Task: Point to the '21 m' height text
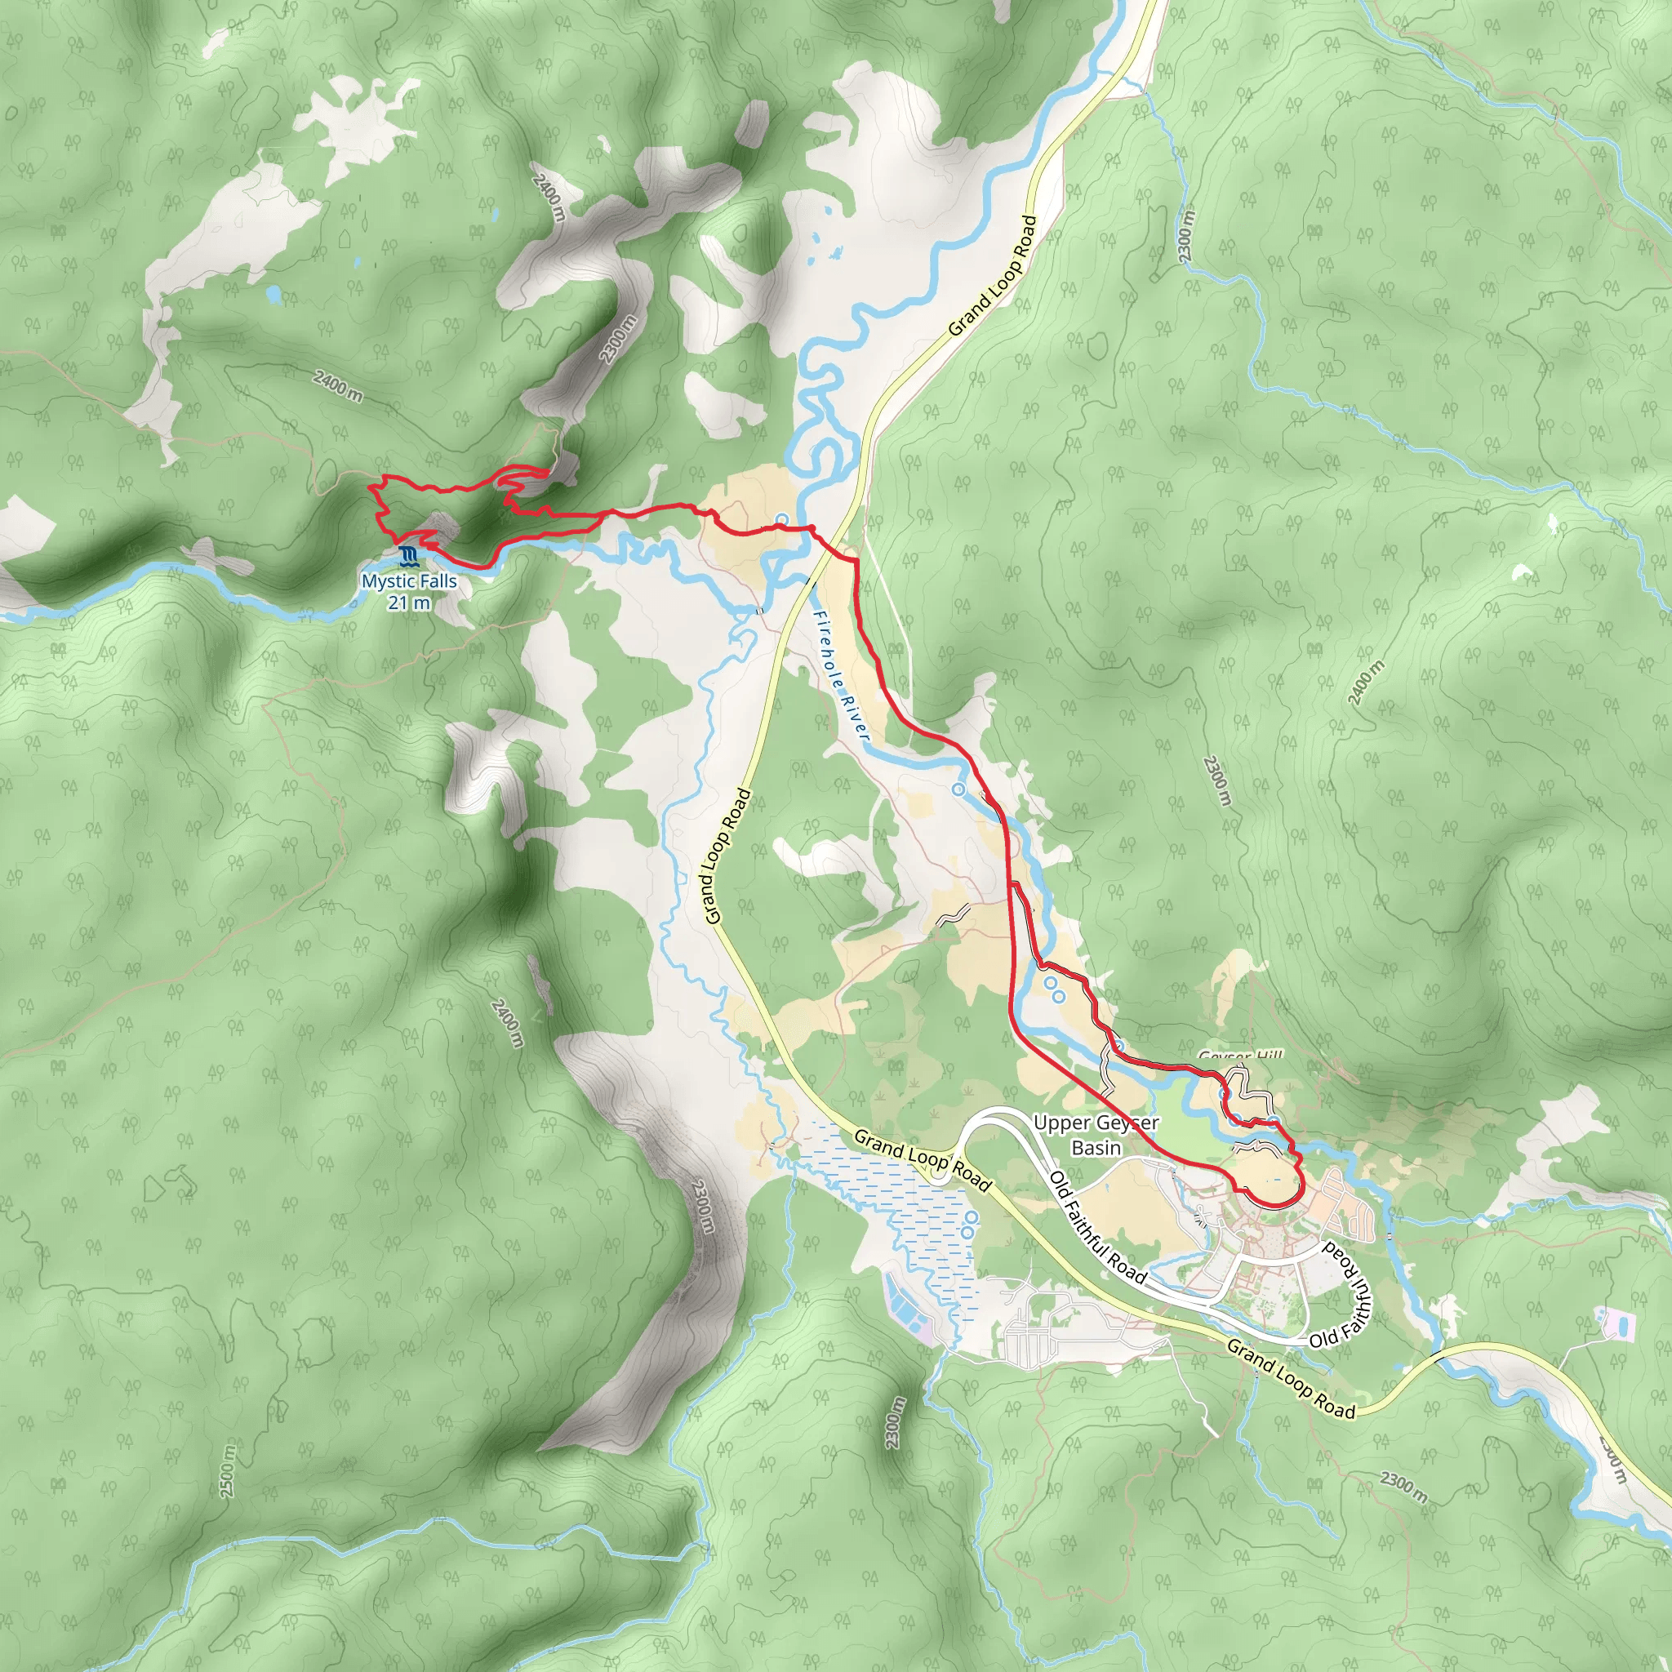408,603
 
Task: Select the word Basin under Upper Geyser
1096,1148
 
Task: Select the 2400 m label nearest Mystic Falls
337,385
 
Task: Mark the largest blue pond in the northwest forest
273,295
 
